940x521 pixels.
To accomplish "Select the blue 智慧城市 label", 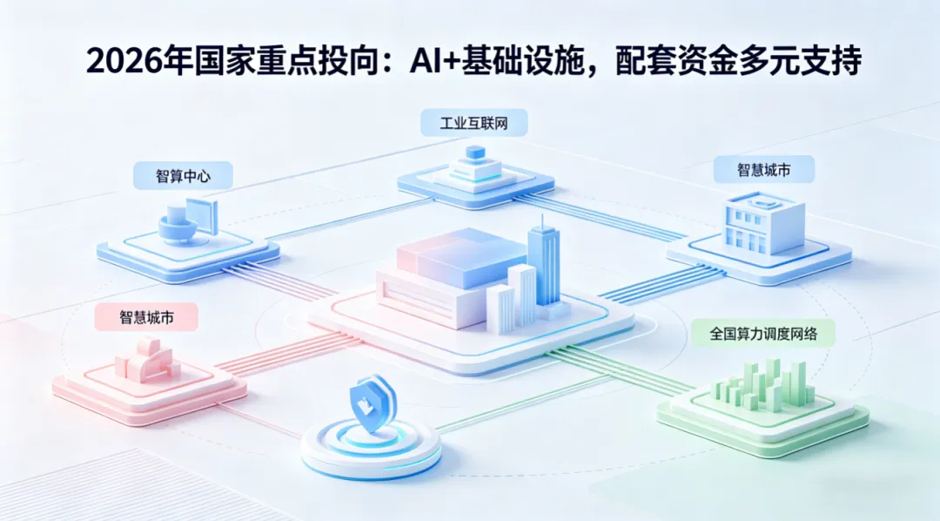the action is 763,169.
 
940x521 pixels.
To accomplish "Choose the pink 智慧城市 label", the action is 146,317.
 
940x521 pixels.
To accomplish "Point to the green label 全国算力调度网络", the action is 763,333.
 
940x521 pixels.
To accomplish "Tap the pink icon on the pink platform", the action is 147,359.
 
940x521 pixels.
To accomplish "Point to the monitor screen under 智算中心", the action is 201,214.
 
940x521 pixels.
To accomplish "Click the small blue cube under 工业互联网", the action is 475,153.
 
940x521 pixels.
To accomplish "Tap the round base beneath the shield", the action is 371,449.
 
